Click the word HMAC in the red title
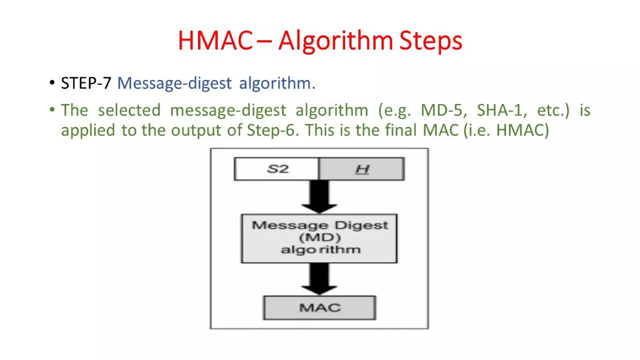coord(215,41)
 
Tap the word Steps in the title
coord(430,41)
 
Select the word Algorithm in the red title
coord(335,41)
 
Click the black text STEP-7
coord(86,83)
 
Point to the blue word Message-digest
coord(174,83)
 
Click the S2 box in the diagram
coord(277,169)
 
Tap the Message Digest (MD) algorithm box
coord(319,238)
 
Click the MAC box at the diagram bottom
coord(319,308)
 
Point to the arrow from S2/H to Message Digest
coord(319,196)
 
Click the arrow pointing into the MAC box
coord(319,278)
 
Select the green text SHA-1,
coord(501,110)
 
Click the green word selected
coord(129,110)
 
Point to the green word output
coord(196,130)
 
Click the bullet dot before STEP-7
coord(52,83)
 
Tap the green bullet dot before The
coord(52,110)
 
